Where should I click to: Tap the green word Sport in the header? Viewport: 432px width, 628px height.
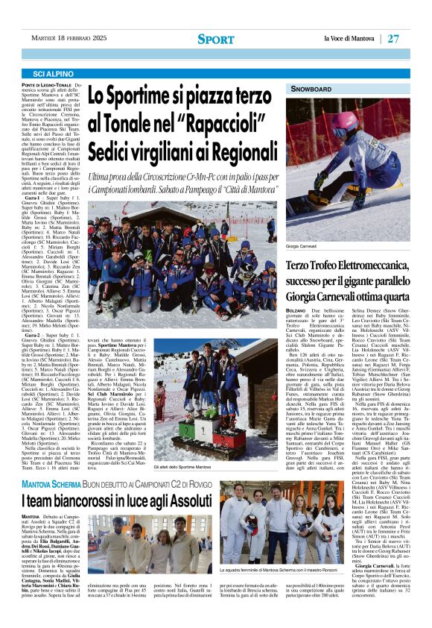215,39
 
